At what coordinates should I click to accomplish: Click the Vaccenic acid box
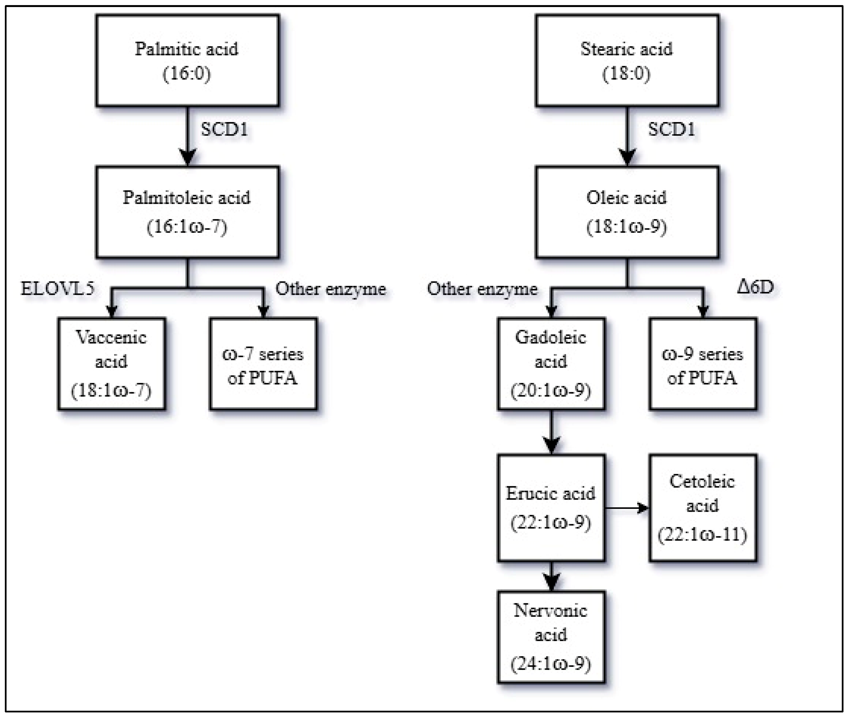click(112, 363)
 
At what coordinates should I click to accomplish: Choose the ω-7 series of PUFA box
click(263, 363)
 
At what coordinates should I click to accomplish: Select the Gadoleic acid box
click(551, 363)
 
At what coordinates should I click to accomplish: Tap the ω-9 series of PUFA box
click(703, 363)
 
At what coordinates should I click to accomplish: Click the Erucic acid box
click(551, 508)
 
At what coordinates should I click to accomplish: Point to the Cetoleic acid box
click(703, 508)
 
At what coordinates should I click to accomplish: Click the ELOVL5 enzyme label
click(57, 289)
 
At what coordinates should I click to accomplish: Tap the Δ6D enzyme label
click(755, 287)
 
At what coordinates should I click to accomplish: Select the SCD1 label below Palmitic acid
click(224, 129)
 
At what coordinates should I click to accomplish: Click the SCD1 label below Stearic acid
click(671, 129)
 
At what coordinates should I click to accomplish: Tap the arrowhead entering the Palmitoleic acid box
click(187, 157)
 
